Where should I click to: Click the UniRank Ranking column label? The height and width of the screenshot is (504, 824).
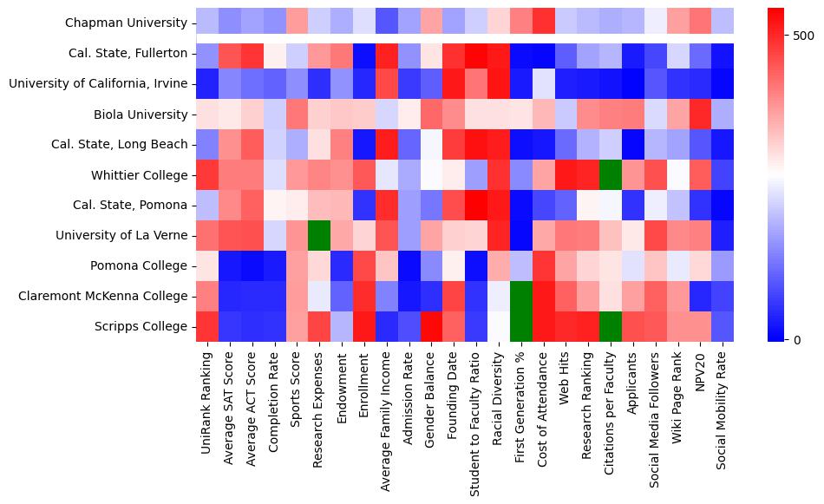(x=206, y=399)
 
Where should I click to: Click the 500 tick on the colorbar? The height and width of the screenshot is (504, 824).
(x=802, y=36)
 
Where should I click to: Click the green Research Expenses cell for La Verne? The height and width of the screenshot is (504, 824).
(x=319, y=236)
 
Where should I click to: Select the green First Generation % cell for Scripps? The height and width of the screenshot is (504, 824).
(x=520, y=327)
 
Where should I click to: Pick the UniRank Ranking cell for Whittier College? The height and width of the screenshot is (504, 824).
(x=207, y=175)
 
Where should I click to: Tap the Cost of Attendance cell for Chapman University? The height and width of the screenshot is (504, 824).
(x=543, y=23)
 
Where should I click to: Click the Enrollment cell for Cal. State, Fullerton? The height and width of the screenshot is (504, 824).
(x=363, y=54)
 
